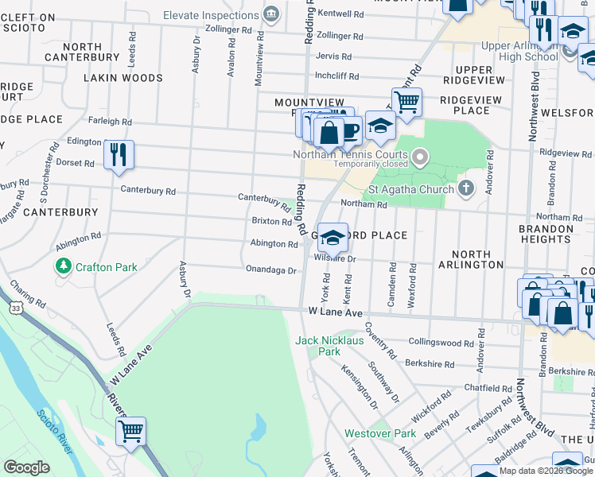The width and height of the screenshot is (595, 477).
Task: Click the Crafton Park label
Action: [107, 268]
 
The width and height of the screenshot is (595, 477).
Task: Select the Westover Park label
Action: [380, 434]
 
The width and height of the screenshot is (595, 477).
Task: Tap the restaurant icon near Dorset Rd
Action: [119, 154]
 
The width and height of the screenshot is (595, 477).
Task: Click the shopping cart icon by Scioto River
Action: [130, 431]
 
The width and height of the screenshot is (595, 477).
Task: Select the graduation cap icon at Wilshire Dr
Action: [335, 237]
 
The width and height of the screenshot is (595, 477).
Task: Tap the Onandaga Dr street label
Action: [270, 270]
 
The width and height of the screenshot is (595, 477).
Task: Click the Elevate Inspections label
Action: [212, 14]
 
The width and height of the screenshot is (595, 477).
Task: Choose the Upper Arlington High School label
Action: [520, 52]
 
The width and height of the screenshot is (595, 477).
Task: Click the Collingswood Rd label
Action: [441, 343]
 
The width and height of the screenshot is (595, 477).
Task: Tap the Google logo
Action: [27, 467]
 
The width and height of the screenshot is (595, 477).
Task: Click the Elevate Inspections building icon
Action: [271, 14]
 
